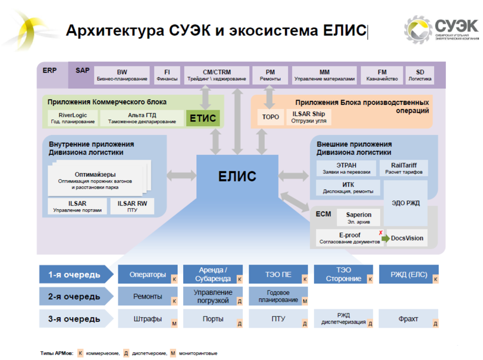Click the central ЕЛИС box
(x=237, y=176)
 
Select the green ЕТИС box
(x=202, y=118)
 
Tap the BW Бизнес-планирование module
(x=122, y=75)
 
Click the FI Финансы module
(x=167, y=75)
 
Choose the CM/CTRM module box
(x=217, y=75)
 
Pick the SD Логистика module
(x=420, y=75)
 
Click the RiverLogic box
(x=72, y=118)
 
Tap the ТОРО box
(x=270, y=117)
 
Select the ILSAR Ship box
(x=309, y=117)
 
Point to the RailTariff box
(x=405, y=169)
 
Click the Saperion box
(x=359, y=218)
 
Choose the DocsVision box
(x=407, y=239)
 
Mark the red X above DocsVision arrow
(x=381, y=233)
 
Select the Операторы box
(x=148, y=275)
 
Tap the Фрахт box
(x=408, y=319)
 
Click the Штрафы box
(x=148, y=319)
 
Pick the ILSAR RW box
(x=132, y=206)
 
